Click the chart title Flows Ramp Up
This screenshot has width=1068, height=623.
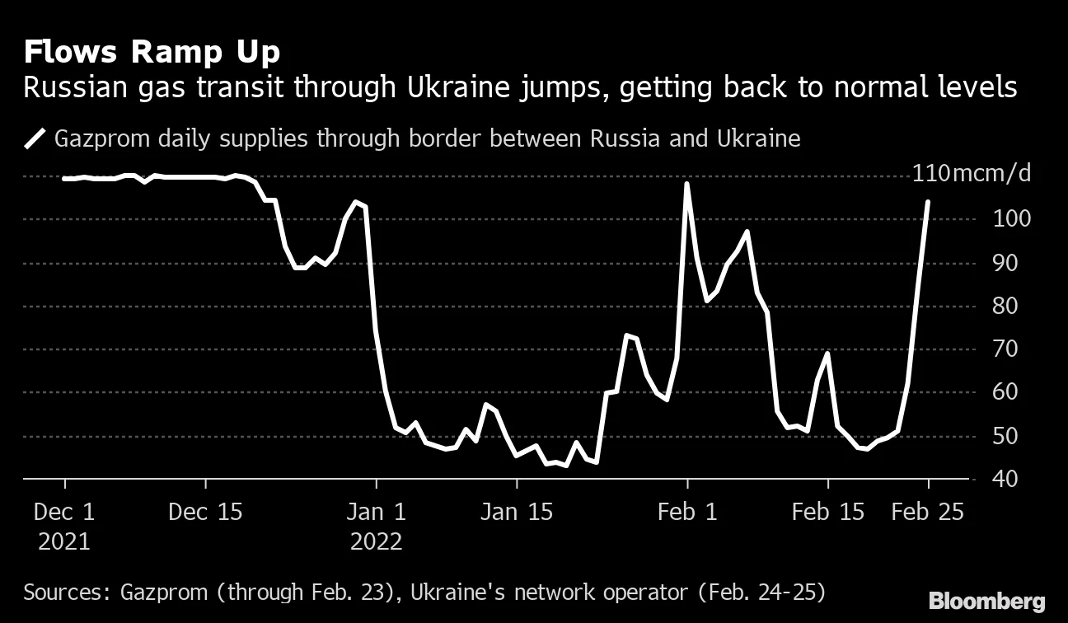(x=152, y=53)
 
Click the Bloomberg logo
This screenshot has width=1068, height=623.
(x=986, y=601)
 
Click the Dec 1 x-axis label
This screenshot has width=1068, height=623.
(x=64, y=512)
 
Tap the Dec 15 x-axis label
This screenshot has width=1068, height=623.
(x=205, y=512)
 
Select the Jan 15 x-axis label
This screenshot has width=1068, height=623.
(x=516, y=512)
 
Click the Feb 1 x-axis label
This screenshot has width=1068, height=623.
(x=686, y=512)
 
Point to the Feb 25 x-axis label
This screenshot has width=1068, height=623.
(x=928, y=512)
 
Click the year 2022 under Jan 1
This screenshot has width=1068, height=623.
(x=376, y=541)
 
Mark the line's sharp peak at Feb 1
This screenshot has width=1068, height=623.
(x=686, y=184)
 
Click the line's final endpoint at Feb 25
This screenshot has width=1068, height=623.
(x=929, y=201)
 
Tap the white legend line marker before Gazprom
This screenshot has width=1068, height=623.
(x=35, y=138)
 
